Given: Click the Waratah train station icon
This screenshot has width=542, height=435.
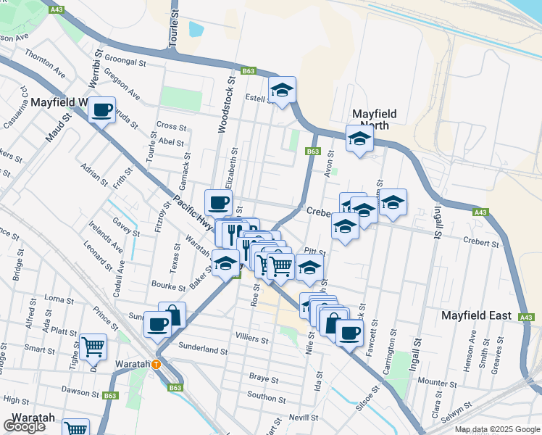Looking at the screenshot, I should pos(156,364).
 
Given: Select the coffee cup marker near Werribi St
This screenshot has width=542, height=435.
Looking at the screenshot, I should pos(101,110).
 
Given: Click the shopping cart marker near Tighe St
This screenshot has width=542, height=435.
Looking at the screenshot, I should pos(92,347).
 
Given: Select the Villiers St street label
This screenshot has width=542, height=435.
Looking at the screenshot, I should pos(252,339).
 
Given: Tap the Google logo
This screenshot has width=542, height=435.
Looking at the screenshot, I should pos(25,427).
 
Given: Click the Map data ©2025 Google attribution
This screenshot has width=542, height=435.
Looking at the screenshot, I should pos(497,429).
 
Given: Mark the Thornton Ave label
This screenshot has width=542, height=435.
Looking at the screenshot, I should pos(43,60).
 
